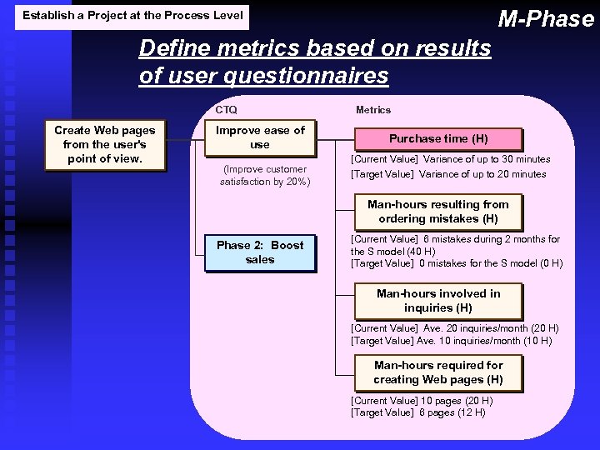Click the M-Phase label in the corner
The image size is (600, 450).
(x=546, y=18)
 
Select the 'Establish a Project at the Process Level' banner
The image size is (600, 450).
(x=132, y=15)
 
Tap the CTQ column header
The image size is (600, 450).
(x=226, y=110)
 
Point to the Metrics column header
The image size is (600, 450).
(x=372, y=110)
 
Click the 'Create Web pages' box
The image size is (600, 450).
(x=104, y=144)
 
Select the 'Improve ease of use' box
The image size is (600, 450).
(x=260, y=137)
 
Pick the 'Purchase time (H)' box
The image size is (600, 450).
(x=438, y=139)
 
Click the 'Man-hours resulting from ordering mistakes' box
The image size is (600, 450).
(x=438, y=212)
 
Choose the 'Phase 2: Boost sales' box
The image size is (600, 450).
(x=260, y=252)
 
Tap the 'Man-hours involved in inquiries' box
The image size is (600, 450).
(x=438, y=301)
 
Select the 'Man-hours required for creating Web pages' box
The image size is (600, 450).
(x=438, y=372)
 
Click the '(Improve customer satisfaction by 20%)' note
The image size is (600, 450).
(x=264, y=176)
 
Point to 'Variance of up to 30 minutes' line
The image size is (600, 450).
(x=450, y=159)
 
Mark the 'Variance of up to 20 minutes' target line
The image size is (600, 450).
(x=448, y=174)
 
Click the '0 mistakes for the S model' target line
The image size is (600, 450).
(x=457, y=264)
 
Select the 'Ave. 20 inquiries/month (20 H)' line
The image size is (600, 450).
(x=454, y=328)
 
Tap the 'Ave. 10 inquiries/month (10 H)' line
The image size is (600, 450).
(x=451, y=341)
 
